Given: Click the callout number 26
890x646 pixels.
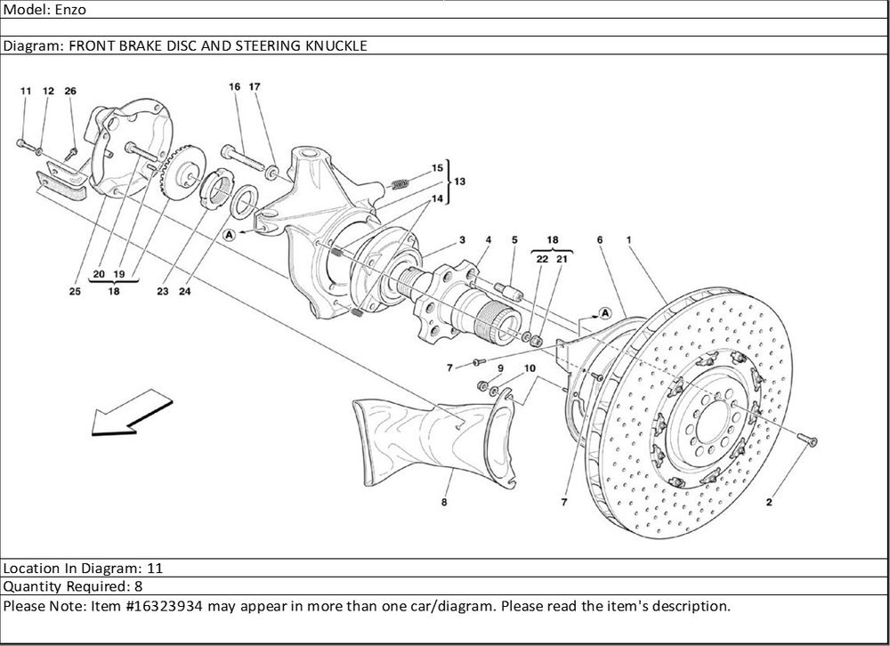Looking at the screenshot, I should [70, 91].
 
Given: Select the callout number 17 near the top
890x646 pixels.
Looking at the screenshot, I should [255, 87].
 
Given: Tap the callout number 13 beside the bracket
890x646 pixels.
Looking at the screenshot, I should [459, 181].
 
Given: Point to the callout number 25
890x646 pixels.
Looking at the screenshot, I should [75, 291].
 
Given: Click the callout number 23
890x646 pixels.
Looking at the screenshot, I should [162, 291].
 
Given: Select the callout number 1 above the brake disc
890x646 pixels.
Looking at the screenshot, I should [629, 240].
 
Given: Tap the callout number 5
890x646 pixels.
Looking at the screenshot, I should [514, 240].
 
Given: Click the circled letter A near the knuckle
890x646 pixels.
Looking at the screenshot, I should [229, 235].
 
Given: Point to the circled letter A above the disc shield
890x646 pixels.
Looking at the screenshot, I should [604, 312].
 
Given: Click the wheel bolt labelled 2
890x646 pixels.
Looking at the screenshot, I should [806, 439].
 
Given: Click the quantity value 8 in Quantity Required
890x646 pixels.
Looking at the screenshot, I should [138, 586].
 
